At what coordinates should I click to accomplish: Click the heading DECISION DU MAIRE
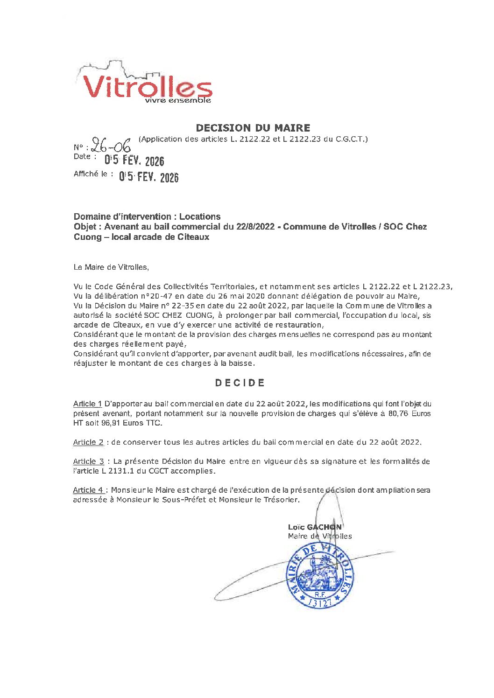coord(253,128)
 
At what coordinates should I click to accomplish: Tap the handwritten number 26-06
coord(111,146)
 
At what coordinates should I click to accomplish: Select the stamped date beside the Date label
coord(134,161)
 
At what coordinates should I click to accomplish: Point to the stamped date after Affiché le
coord(148,177)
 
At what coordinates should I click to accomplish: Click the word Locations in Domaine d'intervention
coord(200,216)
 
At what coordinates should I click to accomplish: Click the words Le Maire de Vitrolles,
coord(111,267)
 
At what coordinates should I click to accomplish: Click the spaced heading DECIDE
coord(240,383)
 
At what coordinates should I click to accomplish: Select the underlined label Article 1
coord(87,404)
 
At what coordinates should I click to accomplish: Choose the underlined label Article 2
coord(88,442)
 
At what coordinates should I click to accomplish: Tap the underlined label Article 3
coord(88,461)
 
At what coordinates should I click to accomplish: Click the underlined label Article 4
coord(88,490)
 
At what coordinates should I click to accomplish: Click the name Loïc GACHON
coord(315,527)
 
